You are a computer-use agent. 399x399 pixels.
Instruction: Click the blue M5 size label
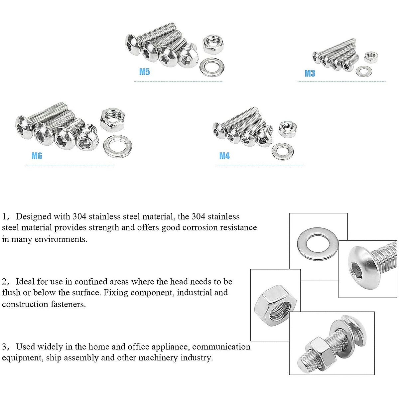(144, 72)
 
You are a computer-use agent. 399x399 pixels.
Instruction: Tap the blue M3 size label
(310, 73)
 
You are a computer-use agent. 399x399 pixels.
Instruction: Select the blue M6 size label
(37, 156)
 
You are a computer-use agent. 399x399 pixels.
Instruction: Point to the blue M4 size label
(224, 156)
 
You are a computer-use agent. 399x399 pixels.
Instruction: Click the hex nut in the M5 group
(212, 45)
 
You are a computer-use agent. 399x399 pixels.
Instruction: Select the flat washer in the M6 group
(118, 147)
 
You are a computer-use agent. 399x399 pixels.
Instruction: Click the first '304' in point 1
(79, 216)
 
